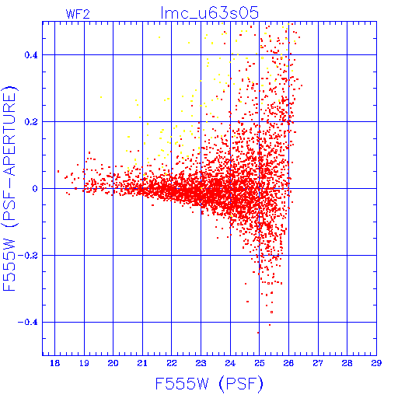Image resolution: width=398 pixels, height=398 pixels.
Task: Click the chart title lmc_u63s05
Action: tap(209, 13)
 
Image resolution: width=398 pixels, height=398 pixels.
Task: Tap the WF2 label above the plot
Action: tap(78, 14)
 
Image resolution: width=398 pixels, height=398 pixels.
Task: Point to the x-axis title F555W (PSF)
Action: tap(209, 384)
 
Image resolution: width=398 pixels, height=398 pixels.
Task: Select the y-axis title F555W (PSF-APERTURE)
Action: tap(9, 188)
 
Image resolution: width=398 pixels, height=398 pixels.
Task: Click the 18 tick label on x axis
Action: tap(54, 363)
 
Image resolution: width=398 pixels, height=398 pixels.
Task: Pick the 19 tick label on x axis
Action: tap(84, 363)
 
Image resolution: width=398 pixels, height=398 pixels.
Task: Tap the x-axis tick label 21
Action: tap(142, 363)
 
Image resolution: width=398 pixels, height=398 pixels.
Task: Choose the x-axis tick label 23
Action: tap(201, 363)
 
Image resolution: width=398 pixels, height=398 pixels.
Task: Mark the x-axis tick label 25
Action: tap(259, 363)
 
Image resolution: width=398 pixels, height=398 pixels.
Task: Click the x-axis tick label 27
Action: tap(318, 363)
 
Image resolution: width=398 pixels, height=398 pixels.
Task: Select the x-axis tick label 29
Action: tap(376, 363)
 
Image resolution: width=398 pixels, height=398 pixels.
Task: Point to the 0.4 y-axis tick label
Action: tap(31, 55)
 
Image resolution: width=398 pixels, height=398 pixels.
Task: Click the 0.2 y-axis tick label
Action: tap(31, 122)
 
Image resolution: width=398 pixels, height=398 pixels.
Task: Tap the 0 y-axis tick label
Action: tap(35, 189)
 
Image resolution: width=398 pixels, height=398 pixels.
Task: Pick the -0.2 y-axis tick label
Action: tap(28, 256)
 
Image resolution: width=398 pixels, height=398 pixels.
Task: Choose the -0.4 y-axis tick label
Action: tap(28, 323)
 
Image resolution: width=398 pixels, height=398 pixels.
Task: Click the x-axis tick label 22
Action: tap(172, 363)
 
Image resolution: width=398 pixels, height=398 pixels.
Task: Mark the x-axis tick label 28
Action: tap(347, 363)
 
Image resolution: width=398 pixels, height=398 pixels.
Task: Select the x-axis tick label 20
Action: tap(113, 363)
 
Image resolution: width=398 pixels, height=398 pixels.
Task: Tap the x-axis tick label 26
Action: tap(288, 363)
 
